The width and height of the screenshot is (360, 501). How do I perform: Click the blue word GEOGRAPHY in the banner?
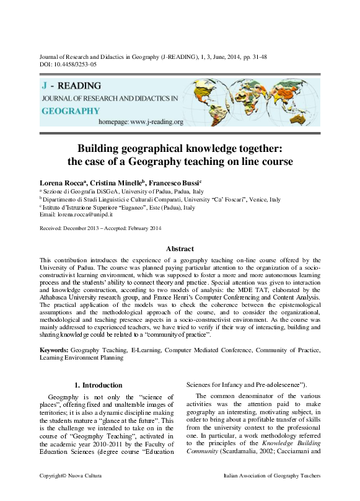coord(71,110)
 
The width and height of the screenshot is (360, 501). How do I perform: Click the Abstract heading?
coord(180,249)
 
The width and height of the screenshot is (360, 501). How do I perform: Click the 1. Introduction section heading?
coord(98,385)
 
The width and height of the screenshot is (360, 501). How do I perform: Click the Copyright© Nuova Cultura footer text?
coord(70,493)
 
